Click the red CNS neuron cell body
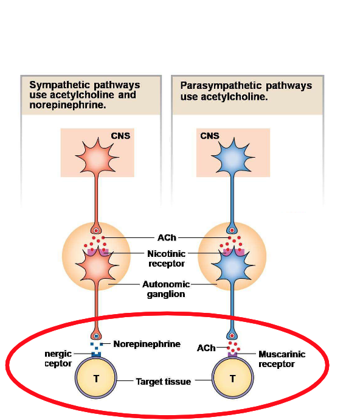tap(96, 155)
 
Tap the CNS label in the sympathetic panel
tap(120, 136)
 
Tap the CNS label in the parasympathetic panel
tap(209, 136)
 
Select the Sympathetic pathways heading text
tap(85, 95)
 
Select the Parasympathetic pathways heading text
tap(246, 91)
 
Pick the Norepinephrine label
tap(147, 344)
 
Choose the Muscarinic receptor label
tap(282, 359)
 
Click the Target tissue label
tap(163, 382)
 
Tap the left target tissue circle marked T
tap(96, 379)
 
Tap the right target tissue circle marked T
tap(232, 379)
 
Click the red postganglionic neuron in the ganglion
tap(96, 268)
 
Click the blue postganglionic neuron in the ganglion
tap(232, 268)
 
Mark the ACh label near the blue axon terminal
tap(206, 348)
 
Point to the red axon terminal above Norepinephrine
tap(96, 336)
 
